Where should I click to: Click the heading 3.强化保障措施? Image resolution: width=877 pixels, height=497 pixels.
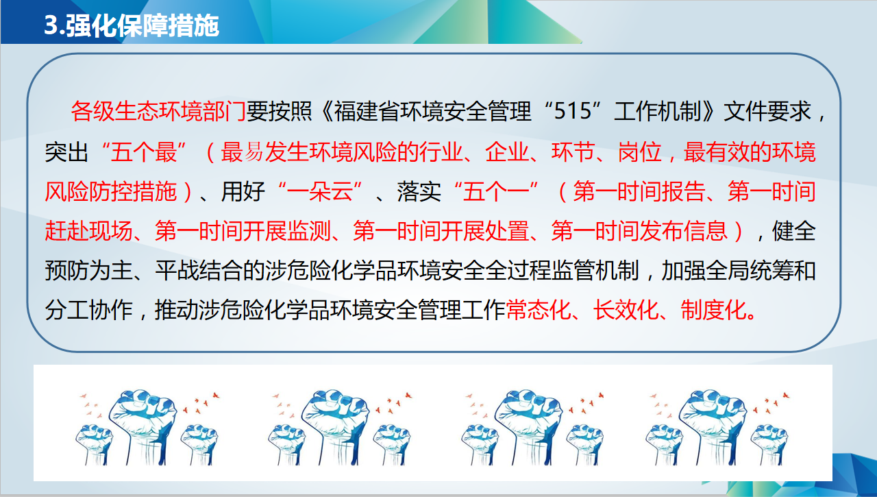132,26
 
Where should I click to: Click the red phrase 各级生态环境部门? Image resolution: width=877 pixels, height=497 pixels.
158,111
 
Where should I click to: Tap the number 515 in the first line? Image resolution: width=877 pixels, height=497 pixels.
572,111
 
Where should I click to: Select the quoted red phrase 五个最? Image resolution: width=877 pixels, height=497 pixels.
144,152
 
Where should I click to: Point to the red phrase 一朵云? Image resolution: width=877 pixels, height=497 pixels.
319,191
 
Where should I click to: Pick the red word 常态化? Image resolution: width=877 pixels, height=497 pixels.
539,310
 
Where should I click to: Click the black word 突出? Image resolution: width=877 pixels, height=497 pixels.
66,152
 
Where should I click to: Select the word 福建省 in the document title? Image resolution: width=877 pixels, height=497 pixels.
367,111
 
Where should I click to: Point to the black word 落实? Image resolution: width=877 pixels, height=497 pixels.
419,191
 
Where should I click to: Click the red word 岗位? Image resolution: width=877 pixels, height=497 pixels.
640,152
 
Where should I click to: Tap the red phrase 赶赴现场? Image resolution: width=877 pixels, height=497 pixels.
88,231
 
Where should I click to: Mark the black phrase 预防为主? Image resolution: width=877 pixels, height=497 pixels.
88,271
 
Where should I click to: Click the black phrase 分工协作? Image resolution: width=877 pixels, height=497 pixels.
88,310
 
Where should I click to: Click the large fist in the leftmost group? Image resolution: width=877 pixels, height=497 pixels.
143,425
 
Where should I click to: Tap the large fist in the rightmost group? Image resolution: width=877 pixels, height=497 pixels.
713,425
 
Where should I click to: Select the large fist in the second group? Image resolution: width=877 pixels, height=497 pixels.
336,425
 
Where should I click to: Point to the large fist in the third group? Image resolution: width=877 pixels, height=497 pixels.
528,425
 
